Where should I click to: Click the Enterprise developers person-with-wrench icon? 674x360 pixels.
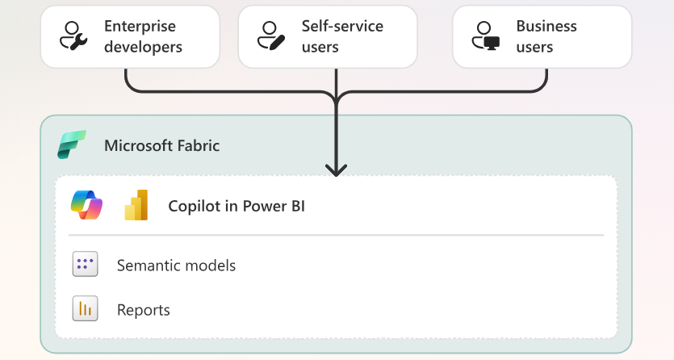coord(73,36)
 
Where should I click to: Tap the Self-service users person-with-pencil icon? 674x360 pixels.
coord(271,36)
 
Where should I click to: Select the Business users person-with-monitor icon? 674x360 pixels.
coord(486,36)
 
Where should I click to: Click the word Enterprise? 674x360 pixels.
coord(140,27)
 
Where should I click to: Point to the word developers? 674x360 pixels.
coord(143,47)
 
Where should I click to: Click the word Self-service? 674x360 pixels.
coord(342,26)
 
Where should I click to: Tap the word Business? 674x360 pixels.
coord(546,26)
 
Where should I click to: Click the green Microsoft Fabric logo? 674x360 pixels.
coord(72,144)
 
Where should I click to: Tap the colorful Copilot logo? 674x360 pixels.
coord(87,205)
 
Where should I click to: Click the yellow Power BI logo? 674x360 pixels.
coord(136,205)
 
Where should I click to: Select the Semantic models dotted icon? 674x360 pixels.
coord(85,264)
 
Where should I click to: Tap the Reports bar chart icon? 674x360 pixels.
coord(85,308)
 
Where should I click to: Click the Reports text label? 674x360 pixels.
coord(144,310)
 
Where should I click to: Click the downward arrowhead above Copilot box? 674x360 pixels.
coord(336,170)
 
